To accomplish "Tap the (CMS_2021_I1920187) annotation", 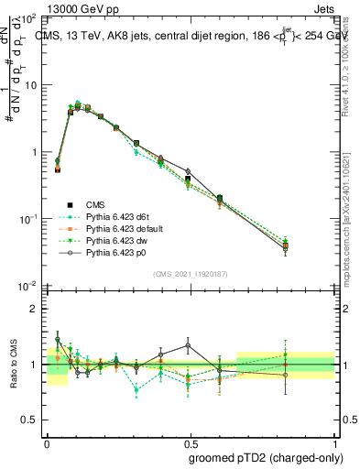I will pos(190,274).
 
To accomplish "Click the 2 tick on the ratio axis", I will pos(35,309).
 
